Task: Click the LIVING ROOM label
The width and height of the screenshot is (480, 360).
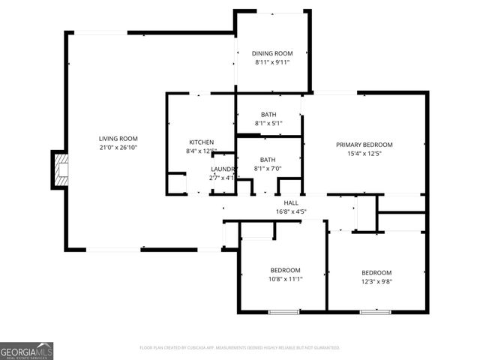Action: point(118,139)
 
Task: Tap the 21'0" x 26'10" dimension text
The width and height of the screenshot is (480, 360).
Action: point(118,148)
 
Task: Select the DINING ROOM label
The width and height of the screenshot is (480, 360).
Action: point(272,53)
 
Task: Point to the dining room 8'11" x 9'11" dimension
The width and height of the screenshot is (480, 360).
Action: point(272,62)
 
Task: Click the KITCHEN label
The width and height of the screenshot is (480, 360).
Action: point(201,142)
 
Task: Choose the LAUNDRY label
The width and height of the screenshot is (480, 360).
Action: point(223,169)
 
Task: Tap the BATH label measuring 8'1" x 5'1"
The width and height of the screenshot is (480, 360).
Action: point(268,115)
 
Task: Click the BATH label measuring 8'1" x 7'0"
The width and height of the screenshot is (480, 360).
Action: point(268,160)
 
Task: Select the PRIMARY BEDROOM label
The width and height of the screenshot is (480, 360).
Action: point(364,145)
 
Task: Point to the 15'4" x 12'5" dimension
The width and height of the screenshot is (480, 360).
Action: point(364,154)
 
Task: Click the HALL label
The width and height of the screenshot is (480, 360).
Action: point(291,203)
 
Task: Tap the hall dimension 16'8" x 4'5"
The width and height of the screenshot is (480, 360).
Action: point(291,211)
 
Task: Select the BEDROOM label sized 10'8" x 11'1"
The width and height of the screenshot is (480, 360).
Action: point(285,270)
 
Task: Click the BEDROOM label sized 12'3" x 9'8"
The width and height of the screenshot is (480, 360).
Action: point(376,272)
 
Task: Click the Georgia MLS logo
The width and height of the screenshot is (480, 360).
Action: point(27,351)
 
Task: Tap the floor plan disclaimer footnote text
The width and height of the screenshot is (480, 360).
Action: point(240,348)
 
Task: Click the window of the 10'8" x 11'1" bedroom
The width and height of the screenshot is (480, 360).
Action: point(283,311)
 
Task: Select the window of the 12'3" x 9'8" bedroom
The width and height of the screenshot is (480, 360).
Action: point(374,311)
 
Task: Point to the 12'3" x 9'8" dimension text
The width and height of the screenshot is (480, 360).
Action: point(376,281)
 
